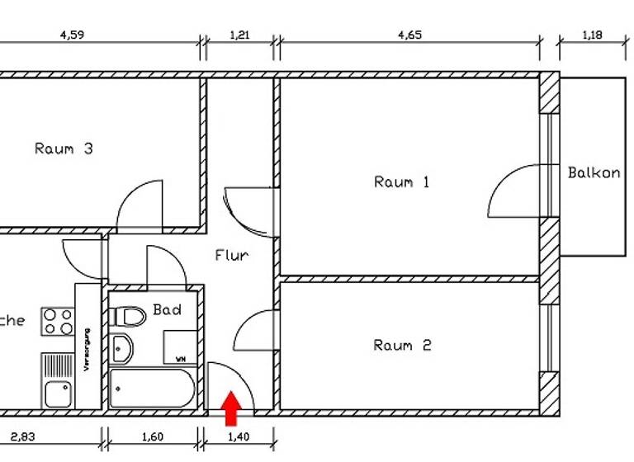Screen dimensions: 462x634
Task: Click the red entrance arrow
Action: coord(232,408)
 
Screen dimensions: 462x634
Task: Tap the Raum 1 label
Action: coord(402,181)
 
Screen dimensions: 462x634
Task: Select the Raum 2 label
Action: coord(402,345)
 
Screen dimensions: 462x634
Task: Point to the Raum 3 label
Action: coord(64,149)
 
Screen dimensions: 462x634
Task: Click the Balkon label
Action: coord(594,173)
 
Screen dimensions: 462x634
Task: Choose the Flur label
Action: coord(231,256)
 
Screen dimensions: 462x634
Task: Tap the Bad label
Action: coord(167,310)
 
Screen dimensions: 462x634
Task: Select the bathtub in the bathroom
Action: coord(152,388)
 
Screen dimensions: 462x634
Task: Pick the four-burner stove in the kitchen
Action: coord(58,322)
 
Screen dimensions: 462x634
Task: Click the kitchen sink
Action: coord(57,394)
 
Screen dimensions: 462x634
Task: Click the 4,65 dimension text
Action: coord(409,35)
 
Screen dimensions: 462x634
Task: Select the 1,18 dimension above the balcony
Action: coord(594,35)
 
